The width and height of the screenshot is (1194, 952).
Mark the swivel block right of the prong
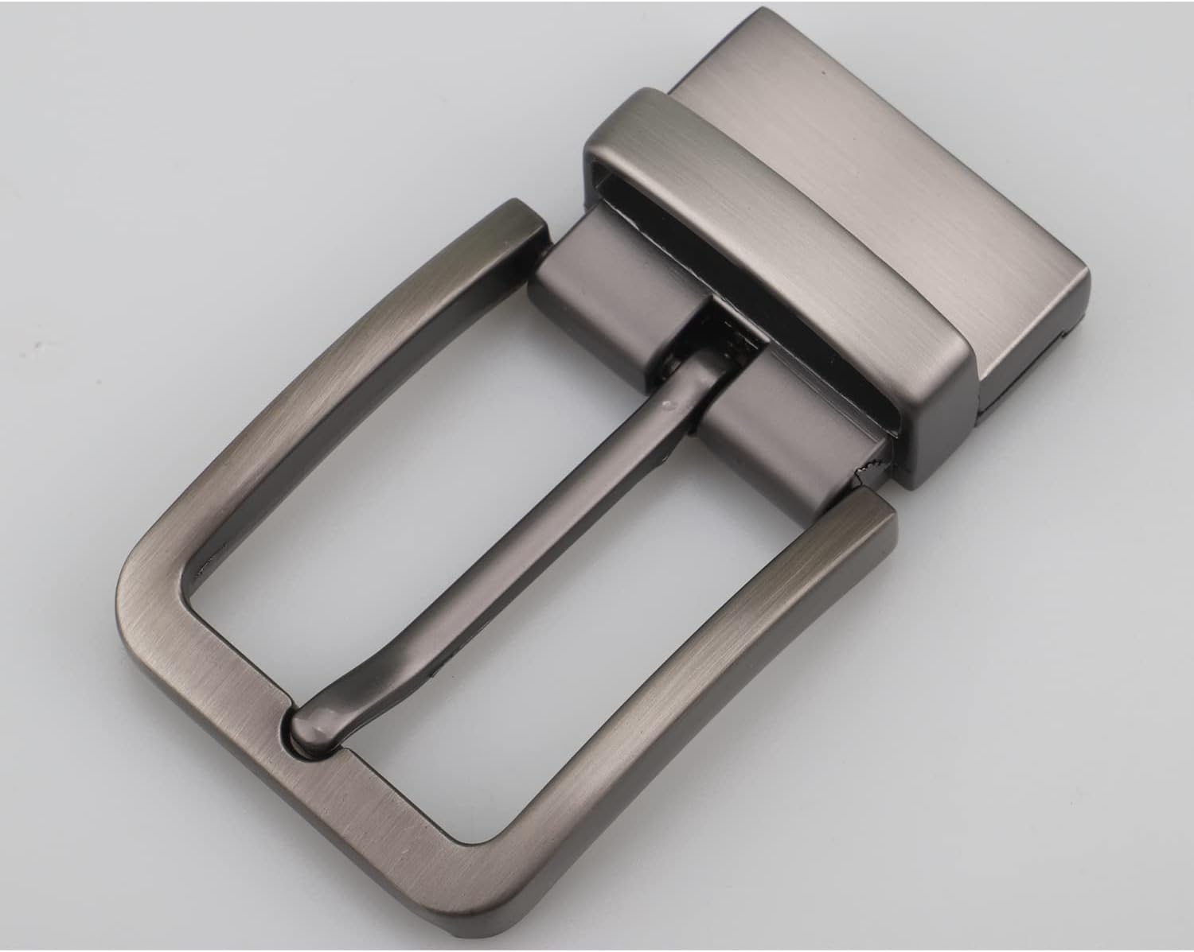point(788,422)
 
